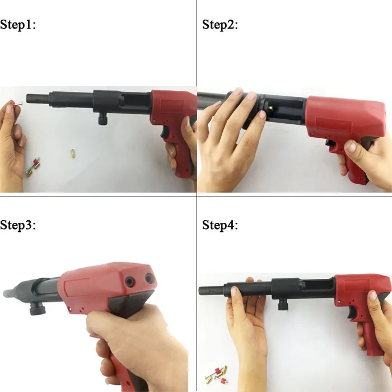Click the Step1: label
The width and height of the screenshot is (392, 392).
18,25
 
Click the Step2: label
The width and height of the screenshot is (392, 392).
220,25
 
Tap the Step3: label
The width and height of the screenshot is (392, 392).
18,225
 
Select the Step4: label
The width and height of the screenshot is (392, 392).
220,225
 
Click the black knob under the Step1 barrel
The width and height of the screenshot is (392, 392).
102,119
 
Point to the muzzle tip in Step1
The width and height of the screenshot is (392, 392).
27,97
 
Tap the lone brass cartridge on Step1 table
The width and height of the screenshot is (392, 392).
73,153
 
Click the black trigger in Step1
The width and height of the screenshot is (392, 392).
165,133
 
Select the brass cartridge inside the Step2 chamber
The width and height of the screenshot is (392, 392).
270,108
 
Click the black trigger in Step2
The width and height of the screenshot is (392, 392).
330,143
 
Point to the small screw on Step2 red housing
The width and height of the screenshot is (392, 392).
311,134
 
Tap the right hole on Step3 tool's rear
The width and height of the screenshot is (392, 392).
148,278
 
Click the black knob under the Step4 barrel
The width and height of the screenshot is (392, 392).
283,304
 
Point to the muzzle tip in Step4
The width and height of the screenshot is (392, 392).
200,291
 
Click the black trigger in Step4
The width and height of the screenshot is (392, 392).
351,312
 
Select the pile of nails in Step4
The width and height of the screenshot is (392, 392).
216,375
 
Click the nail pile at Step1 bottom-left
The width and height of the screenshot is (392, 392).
32,167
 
